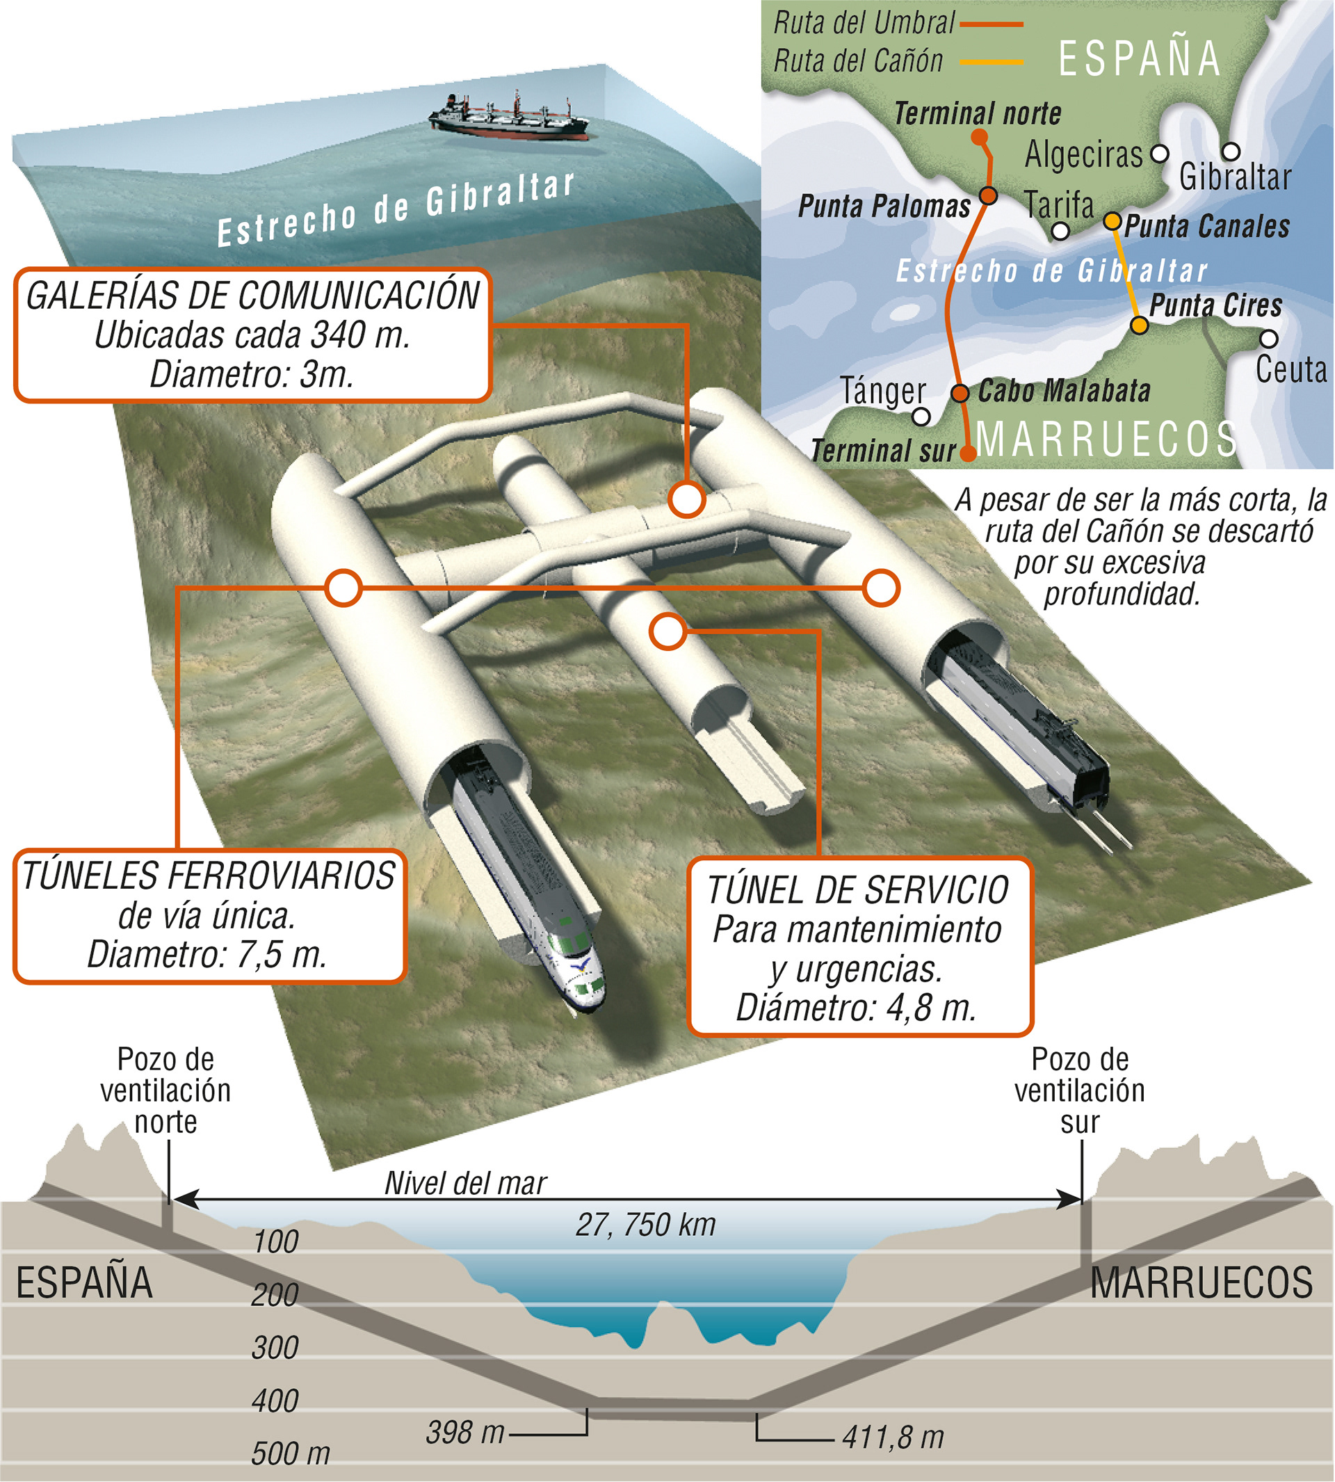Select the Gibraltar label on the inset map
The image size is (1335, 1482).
(1234, 177)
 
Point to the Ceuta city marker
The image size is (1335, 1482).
(1269, 339)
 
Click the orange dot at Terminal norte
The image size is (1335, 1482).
(978, 137)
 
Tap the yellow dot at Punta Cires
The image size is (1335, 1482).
(1139, 325)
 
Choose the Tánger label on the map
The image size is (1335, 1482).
(883, 391)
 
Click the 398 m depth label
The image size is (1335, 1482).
(465, 1433)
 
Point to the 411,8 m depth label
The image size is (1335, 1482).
(893, 1437)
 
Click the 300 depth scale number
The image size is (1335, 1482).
(275, 1348)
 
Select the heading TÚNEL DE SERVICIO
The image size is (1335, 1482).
(858, 891)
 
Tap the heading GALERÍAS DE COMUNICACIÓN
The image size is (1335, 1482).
(252, 296)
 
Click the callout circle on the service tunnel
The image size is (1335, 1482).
(667, 631)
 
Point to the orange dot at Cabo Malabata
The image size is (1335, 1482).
(960, 393)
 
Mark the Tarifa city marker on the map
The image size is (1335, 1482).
(1060, 232)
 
